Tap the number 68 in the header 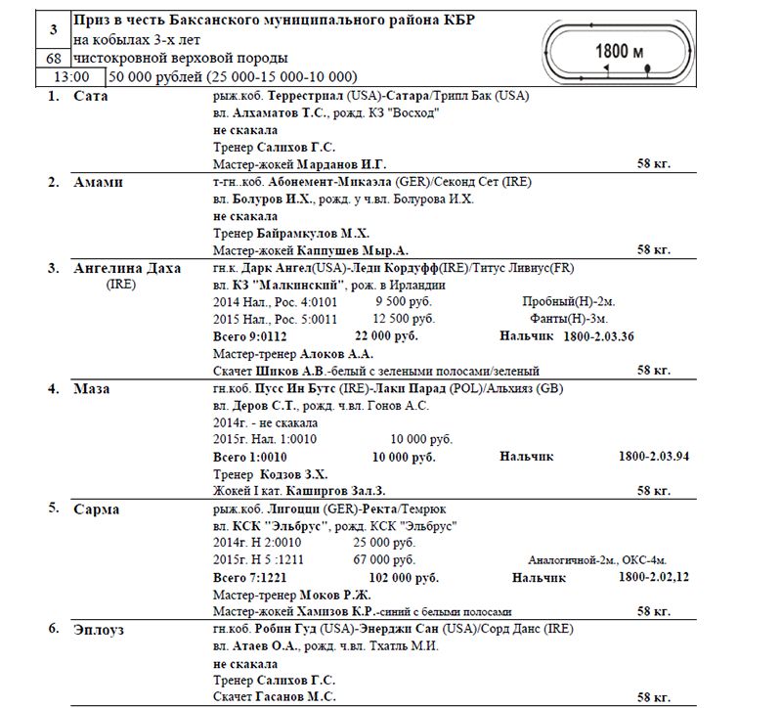pyautogui.click(x=53, y=60)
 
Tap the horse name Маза pyautogui.click(x=91, y=388)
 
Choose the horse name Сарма pyautogui.click(x=96, y=509)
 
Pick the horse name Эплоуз pyautogui.click(x=101, y=629)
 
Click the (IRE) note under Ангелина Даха pyautogui.click(x=121, y=285)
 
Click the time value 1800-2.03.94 pyautogui.click(x=654, y=457)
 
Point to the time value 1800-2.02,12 pyautogui.click(x=654, y=578)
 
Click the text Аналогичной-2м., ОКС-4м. pyautogui.click(x=597, y=560)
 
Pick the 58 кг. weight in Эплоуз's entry pyautogui.click(x=653, y=697)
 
